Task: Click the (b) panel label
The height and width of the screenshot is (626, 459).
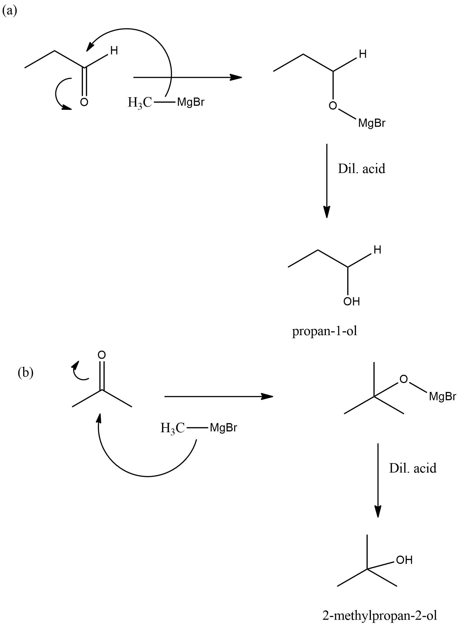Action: (x=26, y=373)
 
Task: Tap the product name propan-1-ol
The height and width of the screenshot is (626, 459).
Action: (x=324, y=331)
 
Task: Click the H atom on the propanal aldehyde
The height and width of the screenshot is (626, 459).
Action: (x=114, y=51)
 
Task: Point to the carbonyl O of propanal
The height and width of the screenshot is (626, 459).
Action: (x=84, y=102)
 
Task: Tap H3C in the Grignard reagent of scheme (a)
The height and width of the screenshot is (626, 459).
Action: (x=140, y=103)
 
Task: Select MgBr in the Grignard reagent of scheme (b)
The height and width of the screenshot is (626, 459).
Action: (x=223, y=428)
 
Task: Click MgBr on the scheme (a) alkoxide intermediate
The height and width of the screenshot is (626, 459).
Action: (x=372, y=123)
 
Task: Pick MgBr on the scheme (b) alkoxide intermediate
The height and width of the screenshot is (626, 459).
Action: (x=443, y=397)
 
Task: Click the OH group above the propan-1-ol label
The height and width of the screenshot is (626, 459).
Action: (x=352, y=301)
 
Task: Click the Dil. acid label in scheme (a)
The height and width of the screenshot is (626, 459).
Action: (x=361, y=169)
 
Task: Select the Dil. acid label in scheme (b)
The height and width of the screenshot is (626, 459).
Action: (x=413, y=468)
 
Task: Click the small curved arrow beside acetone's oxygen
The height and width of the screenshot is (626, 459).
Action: (x=79, y=371)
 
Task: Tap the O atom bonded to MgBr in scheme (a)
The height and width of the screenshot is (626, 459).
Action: (x=333, y=105)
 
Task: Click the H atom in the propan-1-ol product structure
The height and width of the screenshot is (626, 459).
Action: (x=377, y=250)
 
